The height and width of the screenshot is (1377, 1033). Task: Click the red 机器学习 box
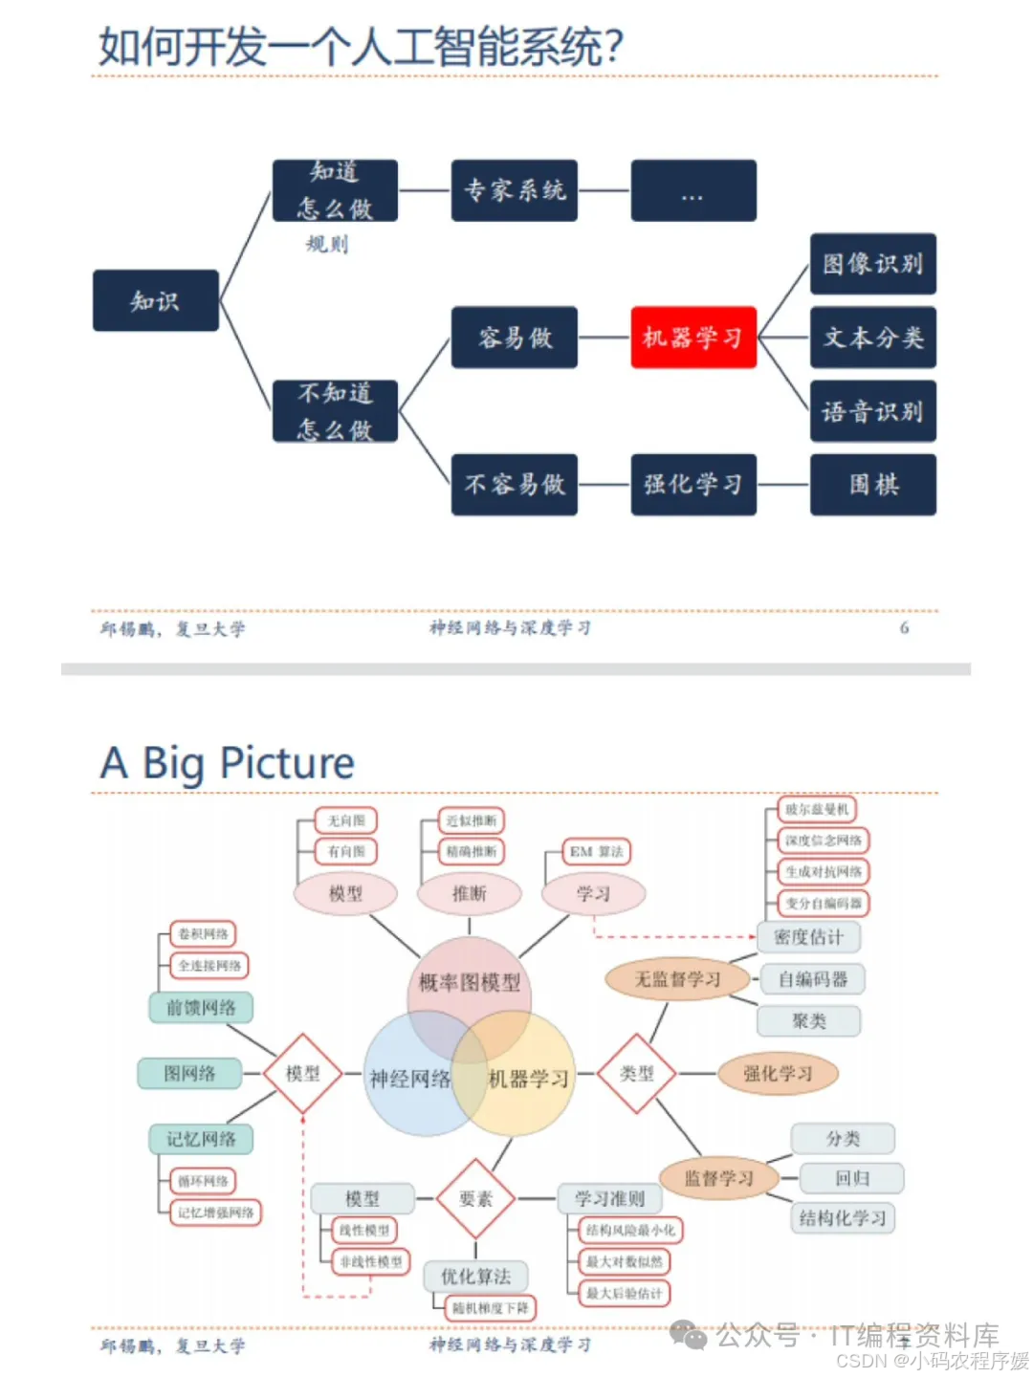click(x=692, y=338)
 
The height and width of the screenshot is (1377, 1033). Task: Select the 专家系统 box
click(x=515, y=190)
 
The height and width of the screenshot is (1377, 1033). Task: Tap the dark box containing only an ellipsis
click(x=692, y=191)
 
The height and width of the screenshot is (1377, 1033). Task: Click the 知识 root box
click(x=155, y=301)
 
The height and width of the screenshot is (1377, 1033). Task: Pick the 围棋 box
click(x=872, y=485)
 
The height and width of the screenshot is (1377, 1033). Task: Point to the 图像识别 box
click(x=872, y=264)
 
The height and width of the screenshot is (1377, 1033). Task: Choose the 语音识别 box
click(x=872, y=411)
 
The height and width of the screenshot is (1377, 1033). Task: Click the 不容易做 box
click(x=515, y=485)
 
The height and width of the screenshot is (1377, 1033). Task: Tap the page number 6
click(x=904, y=628)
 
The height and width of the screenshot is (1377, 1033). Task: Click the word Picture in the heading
click(x=287, y=763)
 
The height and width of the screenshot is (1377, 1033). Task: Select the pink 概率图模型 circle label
click(x=469, y=982)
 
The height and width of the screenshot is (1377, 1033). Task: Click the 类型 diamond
click(x=636, y=1074)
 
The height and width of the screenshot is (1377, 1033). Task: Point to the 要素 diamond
click(x=475, y=1198)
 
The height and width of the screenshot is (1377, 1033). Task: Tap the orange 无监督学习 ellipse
click(x=677, y=979)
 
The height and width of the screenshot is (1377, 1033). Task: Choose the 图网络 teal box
click(x=189, y=1074)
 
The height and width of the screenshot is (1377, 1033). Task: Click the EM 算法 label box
click(x=596, y=851)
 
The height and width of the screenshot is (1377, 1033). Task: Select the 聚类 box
click(x=808, y=1020)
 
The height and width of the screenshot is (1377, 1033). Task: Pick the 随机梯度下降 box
click(x=491, y=1307)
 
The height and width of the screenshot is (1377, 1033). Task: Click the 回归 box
click(x=851, y=1178)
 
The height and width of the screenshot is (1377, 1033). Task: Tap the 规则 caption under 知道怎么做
click(x=327, y=244)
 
